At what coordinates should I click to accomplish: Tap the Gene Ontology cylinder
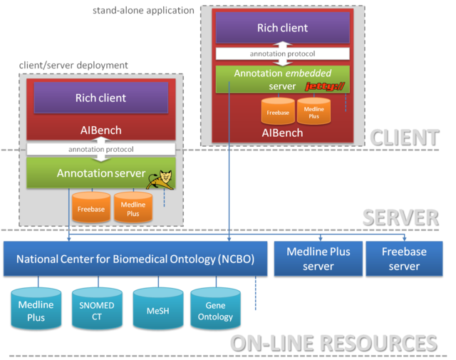pos(214,310)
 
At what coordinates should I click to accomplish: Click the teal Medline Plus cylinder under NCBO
pos(31,310)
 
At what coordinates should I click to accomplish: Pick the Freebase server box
pos(404,259)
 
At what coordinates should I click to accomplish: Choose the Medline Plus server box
pos(318,259)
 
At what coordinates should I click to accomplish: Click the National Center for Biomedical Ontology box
pos(135,259)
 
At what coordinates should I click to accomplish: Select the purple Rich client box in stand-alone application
pos(282,29)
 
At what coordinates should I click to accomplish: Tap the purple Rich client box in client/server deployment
pos(100,98)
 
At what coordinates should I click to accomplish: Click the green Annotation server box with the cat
pos(100,173)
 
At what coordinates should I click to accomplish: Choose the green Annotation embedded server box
pos(282,79)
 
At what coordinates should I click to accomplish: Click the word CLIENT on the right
pos(403,136)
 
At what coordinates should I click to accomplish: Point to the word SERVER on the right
pos(399,217)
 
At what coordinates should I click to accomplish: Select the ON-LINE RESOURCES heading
pos(333,342)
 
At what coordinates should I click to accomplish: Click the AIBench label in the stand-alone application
pos(282,133)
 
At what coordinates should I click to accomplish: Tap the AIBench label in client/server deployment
pos(100,131)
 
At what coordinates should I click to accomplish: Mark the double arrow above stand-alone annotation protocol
pos(284,44)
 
